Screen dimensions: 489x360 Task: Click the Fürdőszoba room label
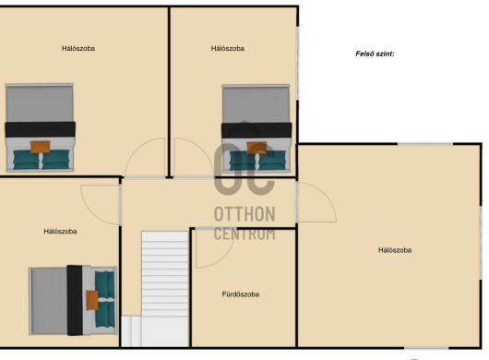pyautogui.click(x=241, y=294)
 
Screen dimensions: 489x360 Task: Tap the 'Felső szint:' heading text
pyautogui.click(x=375, y=54)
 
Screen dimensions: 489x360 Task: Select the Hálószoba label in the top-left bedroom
pyautogui.click(x=78, y=48)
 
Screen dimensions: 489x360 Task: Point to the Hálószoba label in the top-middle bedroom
pyautogui.click(x=227, y=48)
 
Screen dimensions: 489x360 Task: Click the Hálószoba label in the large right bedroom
pyautogui.click(x=395, y=250)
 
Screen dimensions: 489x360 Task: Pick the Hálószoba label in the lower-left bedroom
pyautogui.click(x=60, y=231)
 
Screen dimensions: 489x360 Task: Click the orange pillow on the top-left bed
pyautogui.click(x=41, y=147)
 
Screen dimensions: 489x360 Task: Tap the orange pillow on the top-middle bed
pyautogui.click(x=256, y=148)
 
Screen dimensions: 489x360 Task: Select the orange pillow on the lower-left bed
pyautogui.click(x=92, y=300)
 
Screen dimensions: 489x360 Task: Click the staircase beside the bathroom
pyautogui.click(x=165, y=289)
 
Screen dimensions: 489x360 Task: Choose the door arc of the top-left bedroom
pyautogui.click(x=135, y=149)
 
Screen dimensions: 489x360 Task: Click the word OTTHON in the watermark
pyautogui.click(x=244, y=214)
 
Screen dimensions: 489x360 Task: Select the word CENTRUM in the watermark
pyautogui.click(x=244, y=234)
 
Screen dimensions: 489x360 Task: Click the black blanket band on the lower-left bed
pyautogui.click(x=75, y=300)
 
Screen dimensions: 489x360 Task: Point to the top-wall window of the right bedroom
pyautogui.click(x=425, y=144)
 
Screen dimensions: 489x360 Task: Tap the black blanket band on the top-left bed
pyautogui.click(x=41, y=129)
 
